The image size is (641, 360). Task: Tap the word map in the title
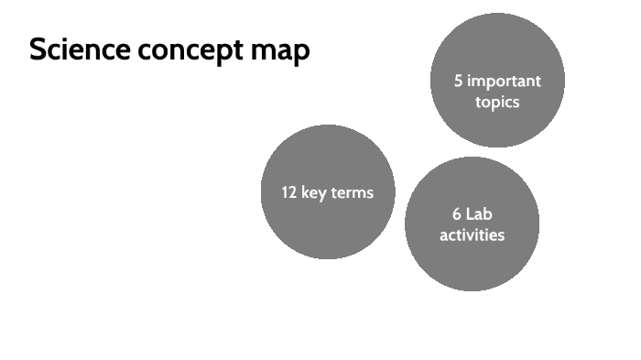click(280, 52)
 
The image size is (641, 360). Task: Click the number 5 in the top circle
click(458, 81)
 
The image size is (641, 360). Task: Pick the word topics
click(497, 102)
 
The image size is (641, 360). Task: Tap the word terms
click(352, 192)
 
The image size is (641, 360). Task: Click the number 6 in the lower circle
click(456, 214)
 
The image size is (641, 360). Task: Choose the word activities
click(472, 235)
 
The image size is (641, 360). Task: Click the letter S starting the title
click(38, 50)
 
